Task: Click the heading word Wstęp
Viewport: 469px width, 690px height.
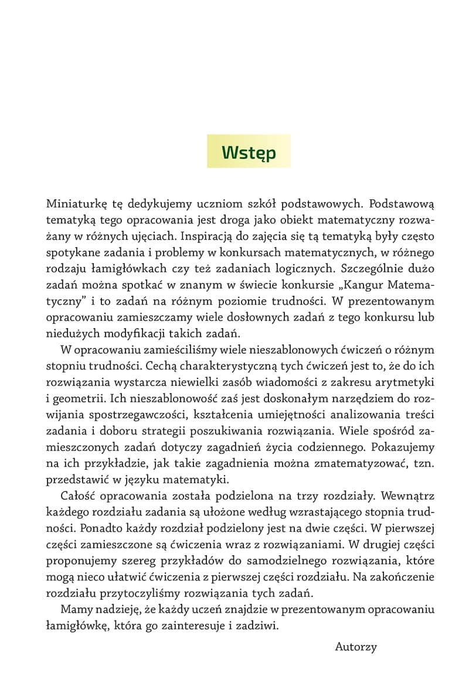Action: tap(249, 152)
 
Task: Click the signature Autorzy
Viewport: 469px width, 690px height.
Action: tap(356, 647)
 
